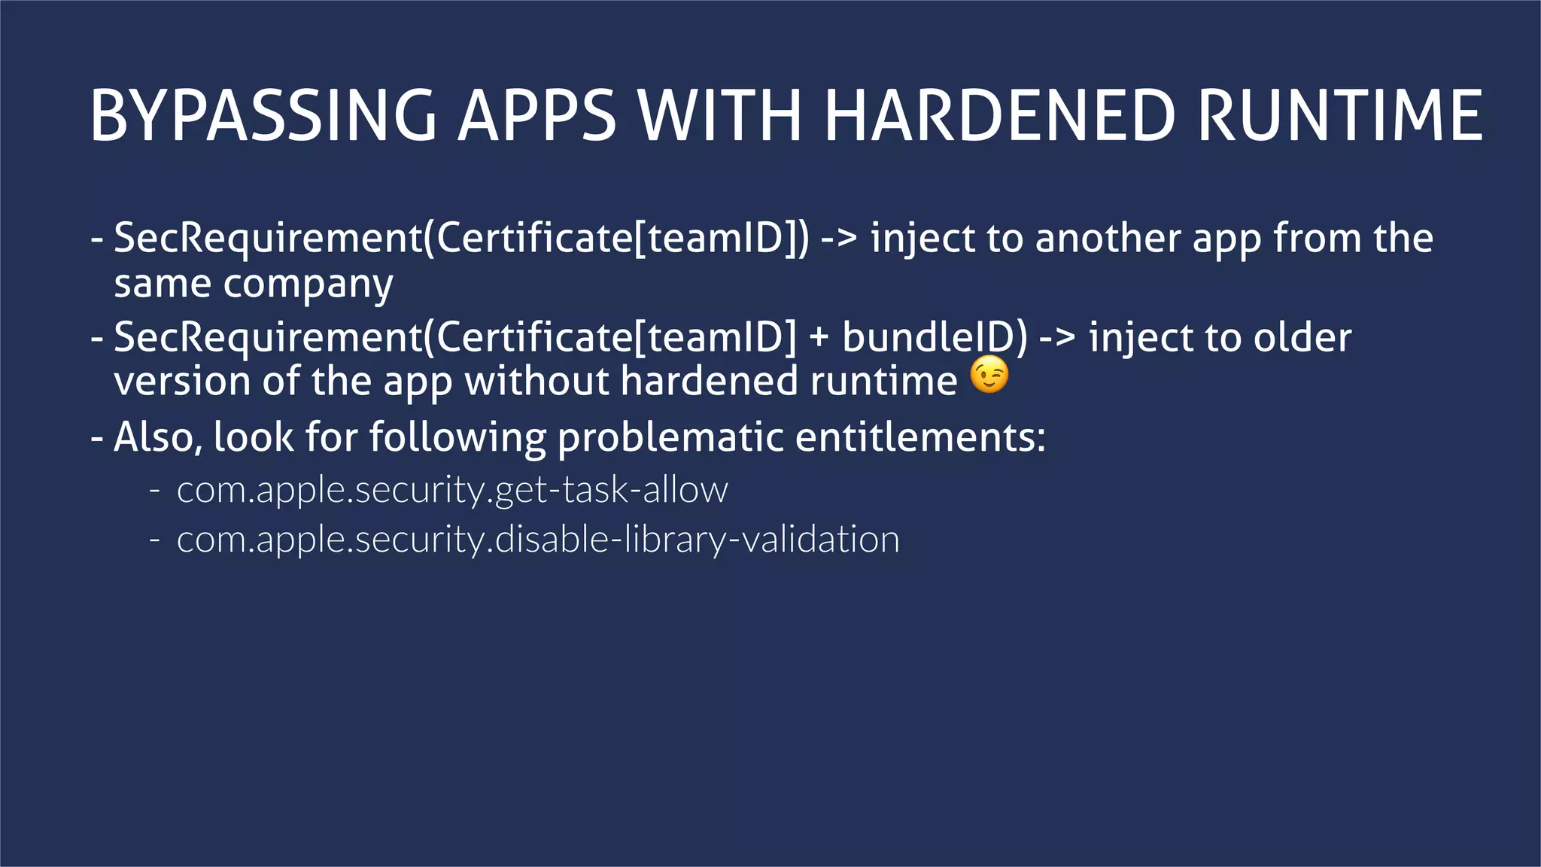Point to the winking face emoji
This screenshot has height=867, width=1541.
(x=989, y=376)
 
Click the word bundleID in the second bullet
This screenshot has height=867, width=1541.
(x=934, y=337)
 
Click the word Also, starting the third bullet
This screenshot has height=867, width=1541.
(x=159, y=437)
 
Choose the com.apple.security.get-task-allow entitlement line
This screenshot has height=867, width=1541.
(x=451, y=491)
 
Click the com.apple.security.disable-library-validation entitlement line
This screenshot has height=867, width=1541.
(x=537, y=540)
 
